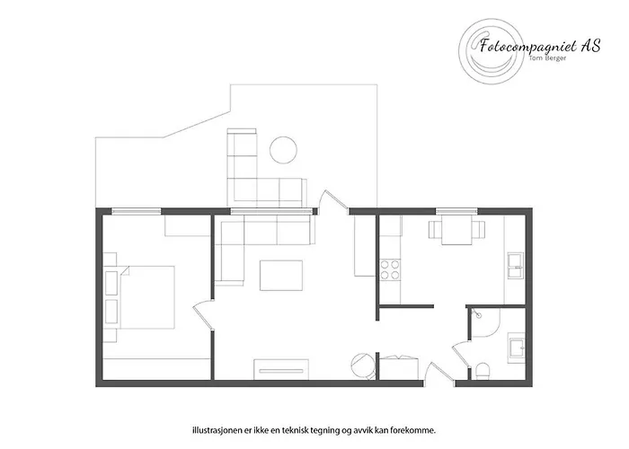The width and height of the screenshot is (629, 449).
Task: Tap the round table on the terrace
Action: (x=285, y=147)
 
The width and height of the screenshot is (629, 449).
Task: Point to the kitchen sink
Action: (x=514, y=266)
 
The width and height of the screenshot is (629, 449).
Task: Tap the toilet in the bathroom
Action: (x=483, y=370)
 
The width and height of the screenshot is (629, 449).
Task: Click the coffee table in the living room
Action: (x=280, y=275)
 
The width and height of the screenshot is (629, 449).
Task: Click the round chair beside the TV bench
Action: (x=359, y=365)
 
